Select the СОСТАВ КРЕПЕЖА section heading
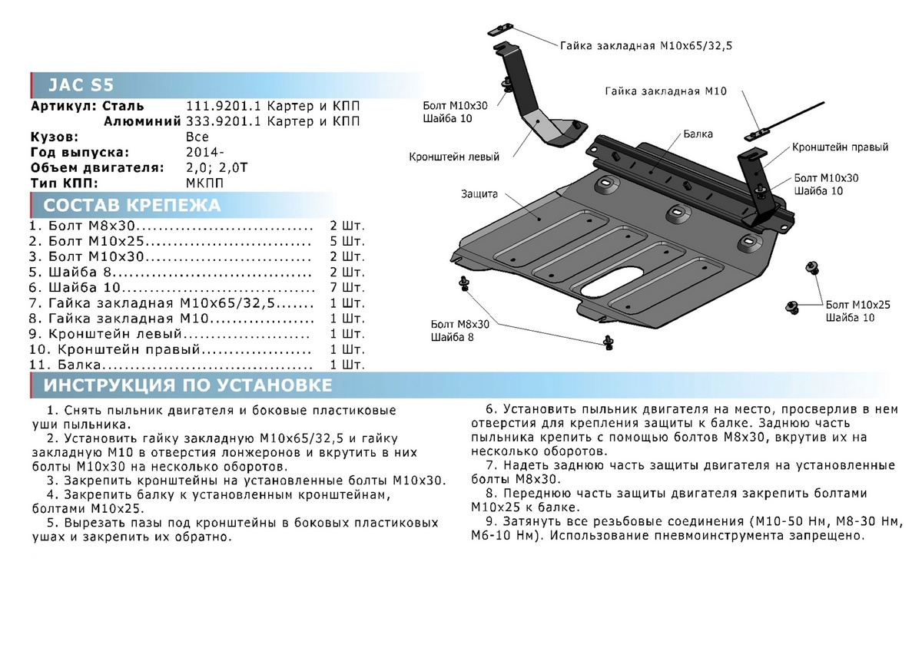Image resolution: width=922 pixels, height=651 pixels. pyautogui.click(x=131, y=205)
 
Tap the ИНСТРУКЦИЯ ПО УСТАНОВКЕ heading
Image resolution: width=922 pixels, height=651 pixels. pyautogui.click(x=187, y=385)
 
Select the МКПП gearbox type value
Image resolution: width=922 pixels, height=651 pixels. pyautogui.click(x=204, y=183)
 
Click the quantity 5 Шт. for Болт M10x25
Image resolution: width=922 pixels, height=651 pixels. pyautogui.click(x=347, y=243)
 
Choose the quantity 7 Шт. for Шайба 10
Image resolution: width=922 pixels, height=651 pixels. pyautogui.click(x=347, y=288)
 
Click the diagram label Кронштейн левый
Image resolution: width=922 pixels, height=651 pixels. pyautogui.click(x=454, y=157)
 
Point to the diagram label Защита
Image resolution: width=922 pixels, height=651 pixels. pyautogui.click(x=480, y=194)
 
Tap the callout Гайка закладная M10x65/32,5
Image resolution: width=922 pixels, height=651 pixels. pyautogui.click(x=645, y=46)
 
